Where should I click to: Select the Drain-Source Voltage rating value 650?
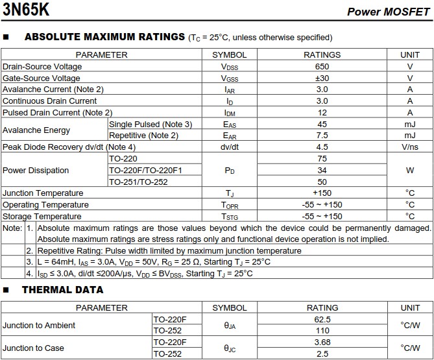click(322, 66)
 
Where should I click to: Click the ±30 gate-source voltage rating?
click(322, 78)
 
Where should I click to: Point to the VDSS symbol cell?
click(229, 66)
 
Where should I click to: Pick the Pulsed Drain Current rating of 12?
click(322, 112)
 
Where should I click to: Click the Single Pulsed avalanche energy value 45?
click(322, 124)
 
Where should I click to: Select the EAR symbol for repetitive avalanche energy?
click(229, 136)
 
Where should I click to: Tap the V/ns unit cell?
click(409, 147)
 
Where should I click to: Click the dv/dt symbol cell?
click(229, 147)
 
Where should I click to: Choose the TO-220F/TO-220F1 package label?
click(145, 170)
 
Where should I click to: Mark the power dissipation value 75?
click(322, 159)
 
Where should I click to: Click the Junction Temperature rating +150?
click(322, 193)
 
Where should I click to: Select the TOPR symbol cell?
click(229, 204)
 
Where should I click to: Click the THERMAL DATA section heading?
click(62, 290)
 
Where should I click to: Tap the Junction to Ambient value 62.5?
click(322, 319)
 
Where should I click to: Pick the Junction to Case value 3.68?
click(322, 342)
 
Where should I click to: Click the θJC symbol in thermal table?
click(229, 348)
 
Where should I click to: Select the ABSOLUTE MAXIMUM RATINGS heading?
click(104, 37)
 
